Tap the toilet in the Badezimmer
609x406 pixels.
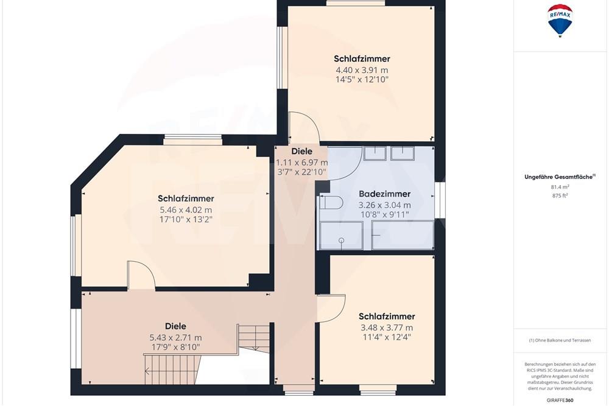328,203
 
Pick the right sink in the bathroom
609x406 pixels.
403,153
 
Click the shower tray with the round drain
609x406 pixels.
341,236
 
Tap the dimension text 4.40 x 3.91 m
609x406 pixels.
362,69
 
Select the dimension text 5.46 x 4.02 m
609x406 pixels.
186,209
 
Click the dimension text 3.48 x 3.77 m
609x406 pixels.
387,327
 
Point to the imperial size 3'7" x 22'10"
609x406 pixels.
302,172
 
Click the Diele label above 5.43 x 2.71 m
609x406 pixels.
175,326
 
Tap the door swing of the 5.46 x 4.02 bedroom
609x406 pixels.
140,275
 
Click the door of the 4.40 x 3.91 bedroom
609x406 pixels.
303,128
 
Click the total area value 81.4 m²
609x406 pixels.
560,187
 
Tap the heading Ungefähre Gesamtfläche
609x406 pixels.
560,177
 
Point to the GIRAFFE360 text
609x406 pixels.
560,400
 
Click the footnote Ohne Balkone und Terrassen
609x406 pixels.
560,340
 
